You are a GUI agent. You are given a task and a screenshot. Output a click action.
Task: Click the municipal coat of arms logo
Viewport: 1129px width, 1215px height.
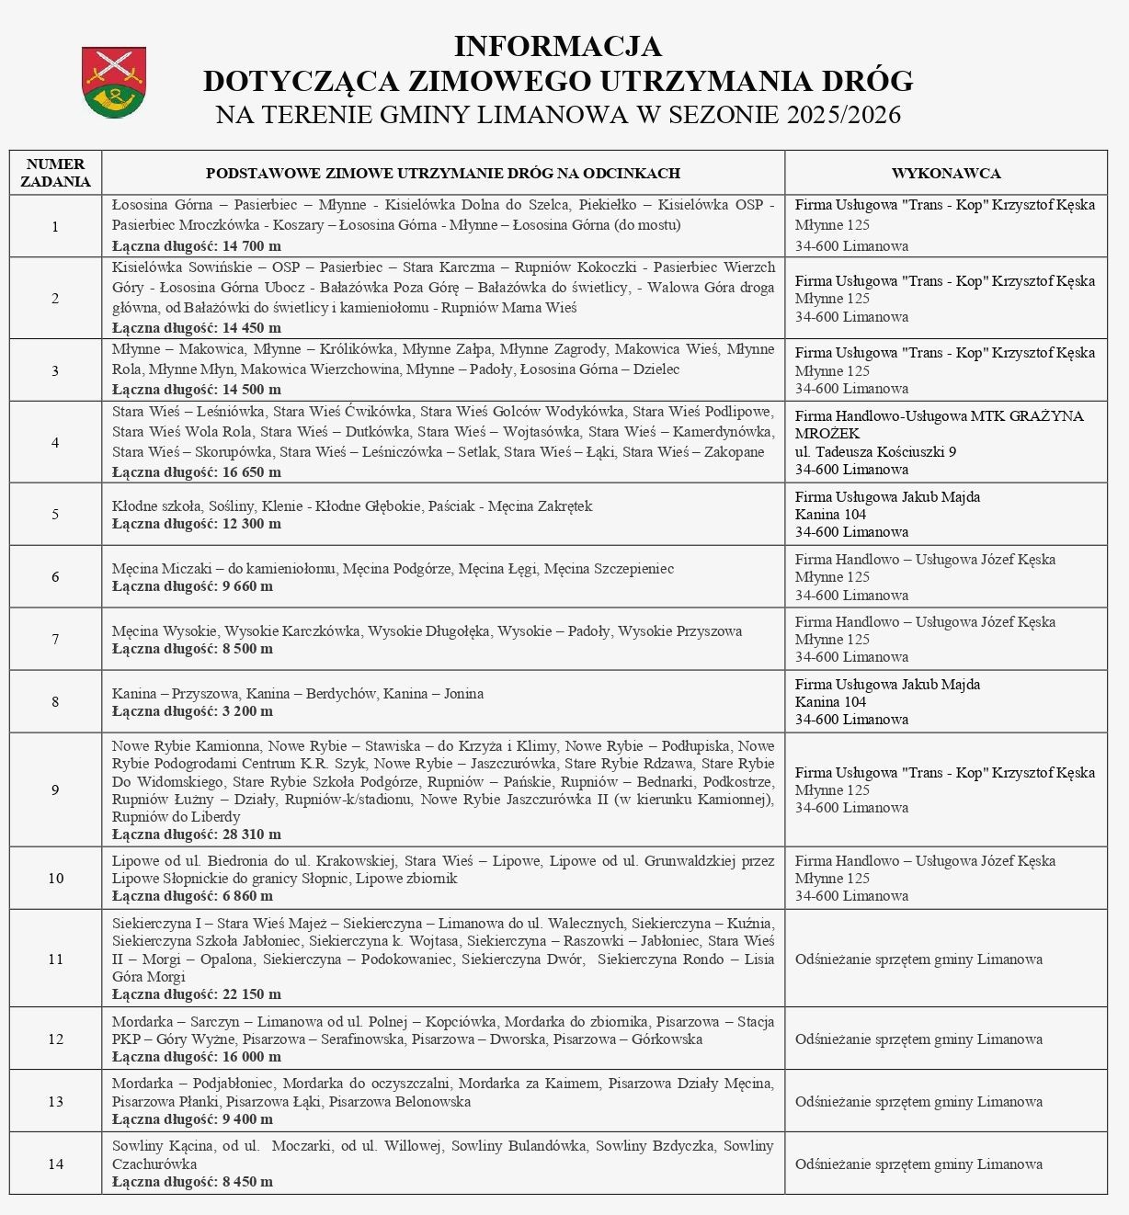[x=114, y=82]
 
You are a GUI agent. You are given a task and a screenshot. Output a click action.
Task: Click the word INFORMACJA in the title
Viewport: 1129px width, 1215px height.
[x=558, y=46]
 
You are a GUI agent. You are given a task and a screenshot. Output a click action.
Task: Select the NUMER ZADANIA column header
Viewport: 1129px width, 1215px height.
[x=55, y=173]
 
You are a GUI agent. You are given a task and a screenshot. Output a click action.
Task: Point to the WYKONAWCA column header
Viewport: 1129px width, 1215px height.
[x=946, y=173]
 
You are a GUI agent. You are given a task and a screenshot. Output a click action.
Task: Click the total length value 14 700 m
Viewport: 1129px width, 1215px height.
[x=249, y=246]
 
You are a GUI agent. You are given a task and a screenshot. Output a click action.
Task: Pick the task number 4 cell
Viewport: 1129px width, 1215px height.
[x=55, y=442]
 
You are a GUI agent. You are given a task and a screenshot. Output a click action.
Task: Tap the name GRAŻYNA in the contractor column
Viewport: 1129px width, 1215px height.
[x=1041, y=415]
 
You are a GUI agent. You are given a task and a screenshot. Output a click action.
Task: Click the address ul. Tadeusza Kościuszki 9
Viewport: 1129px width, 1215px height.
[x=875, y=451]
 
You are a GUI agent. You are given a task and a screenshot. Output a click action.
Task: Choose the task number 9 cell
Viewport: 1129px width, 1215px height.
[x=55, y=789]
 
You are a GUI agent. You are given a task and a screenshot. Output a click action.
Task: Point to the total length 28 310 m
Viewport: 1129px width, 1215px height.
[x=249, y=835]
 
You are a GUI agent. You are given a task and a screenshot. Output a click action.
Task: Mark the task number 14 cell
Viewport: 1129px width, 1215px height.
[x=55, y=1164]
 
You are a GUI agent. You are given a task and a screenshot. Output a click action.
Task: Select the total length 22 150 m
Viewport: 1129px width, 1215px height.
[x=249, y=994]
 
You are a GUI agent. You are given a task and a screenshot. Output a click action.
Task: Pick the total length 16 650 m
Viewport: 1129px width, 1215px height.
[x=249, y=472]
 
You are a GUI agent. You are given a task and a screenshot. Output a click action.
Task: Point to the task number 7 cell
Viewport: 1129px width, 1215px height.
[x=55, y=639]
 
